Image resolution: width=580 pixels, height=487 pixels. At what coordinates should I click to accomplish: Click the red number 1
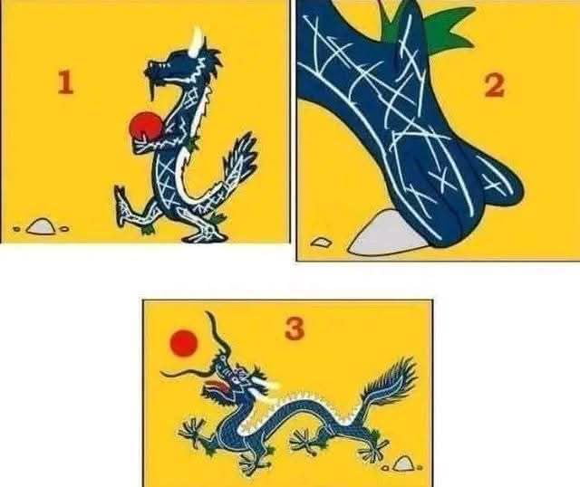pyautogui.click(x=64, y=83)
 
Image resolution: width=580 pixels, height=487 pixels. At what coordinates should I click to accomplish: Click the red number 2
pyautogui.click(x=494, y=86)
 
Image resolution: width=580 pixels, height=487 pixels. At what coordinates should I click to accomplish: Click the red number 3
pyautogui.click(x=294, y=329)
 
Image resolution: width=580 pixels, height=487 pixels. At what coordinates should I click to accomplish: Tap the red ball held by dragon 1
pyautogui.click(x=142, y=127)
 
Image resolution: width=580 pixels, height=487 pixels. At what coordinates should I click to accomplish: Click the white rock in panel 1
pyautogui.click(x=40, y=225)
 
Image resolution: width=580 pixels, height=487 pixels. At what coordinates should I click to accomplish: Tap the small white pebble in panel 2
pyautogui.click(x=321, y=242)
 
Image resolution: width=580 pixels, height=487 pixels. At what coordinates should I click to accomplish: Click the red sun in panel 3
pyautogui.click(x=184, y=343)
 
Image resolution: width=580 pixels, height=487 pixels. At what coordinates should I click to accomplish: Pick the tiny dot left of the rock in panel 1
pyautogui.click(x=16, y=230)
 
